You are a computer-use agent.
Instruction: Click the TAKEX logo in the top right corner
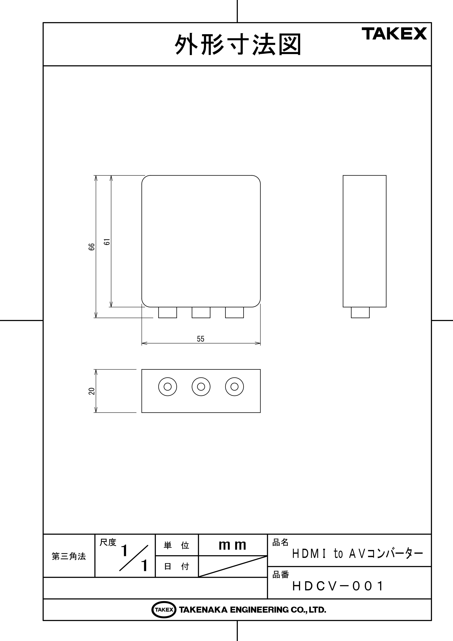pyautogui.click(x=394, y=34)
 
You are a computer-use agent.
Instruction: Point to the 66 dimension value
pyautogui.click(x=92, y=247)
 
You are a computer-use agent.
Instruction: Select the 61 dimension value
pyautogui.click(x=107, y=242)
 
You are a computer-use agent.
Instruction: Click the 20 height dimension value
pyautogui.click(x=92, y=391)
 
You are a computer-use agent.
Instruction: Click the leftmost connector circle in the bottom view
pyautogui.click(x=168, y=387)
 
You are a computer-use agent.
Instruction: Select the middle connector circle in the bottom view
pyautogui.click(x=201, y=387)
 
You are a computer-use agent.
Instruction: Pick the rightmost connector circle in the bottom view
pyautogui.click(x=235, y=387)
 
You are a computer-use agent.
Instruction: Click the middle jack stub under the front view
pyautogui.click(x=201, y=312)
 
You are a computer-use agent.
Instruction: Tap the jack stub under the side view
pyautogui.click(x=360, y=312)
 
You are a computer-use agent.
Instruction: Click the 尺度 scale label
pyautogui.click(x=108, y=543)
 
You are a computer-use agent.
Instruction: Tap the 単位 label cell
pyautogui.click(x=176, y=545)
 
